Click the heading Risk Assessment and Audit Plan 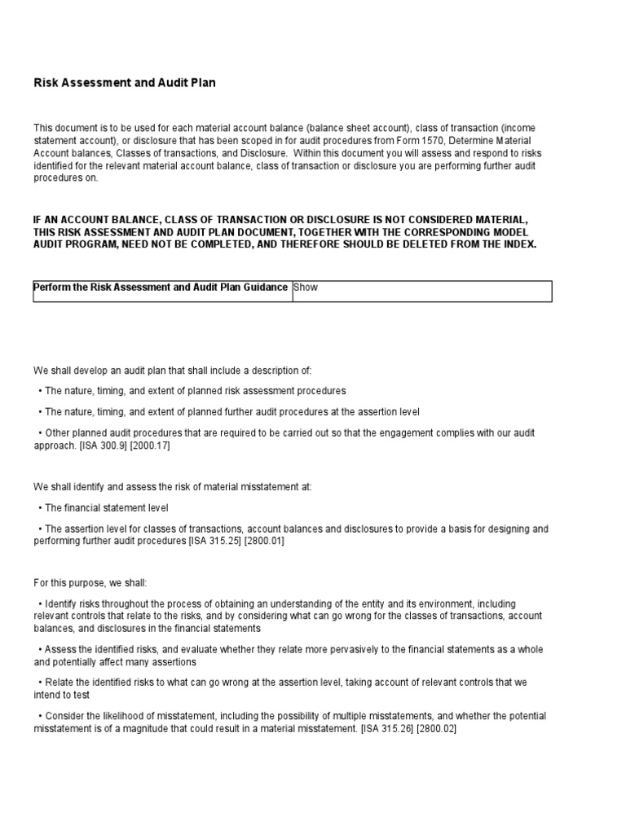[x=125, y=83]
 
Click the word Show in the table [x=305, y=287]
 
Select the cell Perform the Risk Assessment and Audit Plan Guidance [x=161, y=287]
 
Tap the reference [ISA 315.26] [x=387, y=729]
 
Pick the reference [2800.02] [x=436, y=729]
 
